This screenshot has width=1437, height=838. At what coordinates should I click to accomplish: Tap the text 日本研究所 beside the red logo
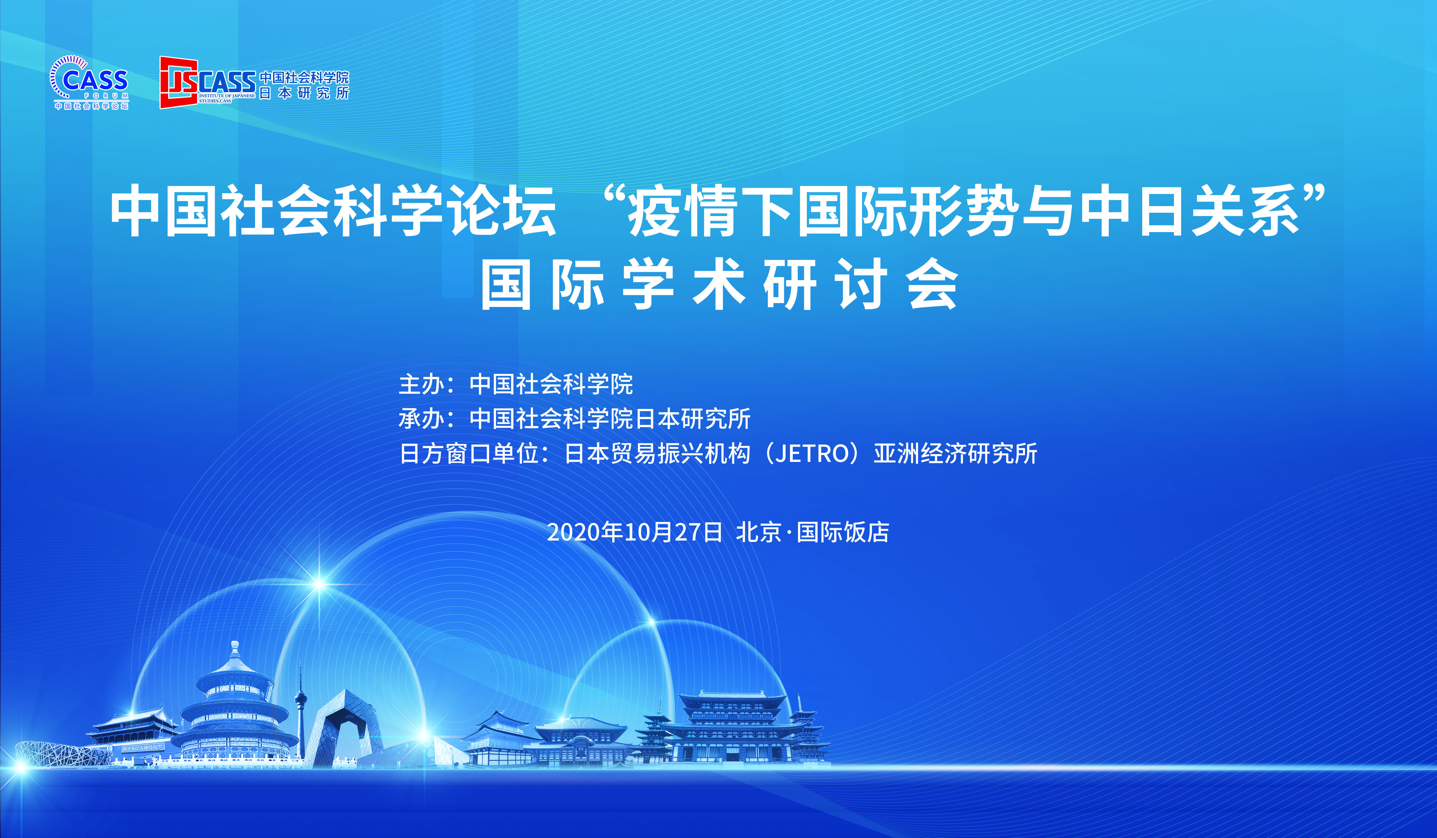[304, 93]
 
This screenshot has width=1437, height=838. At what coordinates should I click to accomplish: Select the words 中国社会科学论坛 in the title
[332, 211]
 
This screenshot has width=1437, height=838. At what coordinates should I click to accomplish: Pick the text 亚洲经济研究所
[955, 454]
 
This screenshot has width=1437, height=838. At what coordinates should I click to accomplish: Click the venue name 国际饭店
[843, 533]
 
